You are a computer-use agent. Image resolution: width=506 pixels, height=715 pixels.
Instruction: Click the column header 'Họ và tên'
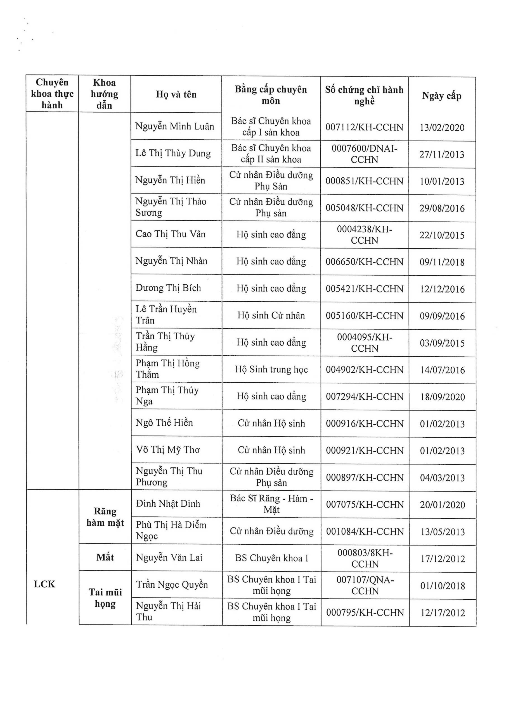[176, 94]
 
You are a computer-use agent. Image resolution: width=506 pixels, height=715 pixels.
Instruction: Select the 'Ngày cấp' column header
[441, 96]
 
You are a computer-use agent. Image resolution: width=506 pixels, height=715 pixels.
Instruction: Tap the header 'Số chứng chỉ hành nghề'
[364, 95]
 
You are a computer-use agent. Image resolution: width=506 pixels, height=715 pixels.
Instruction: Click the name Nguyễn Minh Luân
[175, 127]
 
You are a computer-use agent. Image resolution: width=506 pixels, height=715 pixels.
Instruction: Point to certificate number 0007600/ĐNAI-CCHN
[364, 154]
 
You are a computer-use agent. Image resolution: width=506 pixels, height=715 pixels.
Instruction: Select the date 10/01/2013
[442, 182]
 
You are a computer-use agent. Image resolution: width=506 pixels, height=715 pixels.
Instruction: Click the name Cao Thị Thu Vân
[171, 234]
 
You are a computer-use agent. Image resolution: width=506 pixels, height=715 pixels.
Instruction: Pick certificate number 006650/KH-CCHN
[365, 262]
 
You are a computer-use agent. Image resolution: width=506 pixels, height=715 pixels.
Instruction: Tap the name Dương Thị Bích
[168, 288]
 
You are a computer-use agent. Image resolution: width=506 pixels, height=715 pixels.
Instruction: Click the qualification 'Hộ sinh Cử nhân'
[271, 315]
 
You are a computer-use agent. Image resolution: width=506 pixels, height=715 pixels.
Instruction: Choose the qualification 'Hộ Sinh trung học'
[271, 370]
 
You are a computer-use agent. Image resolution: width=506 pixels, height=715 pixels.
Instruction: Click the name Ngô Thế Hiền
[164, 423]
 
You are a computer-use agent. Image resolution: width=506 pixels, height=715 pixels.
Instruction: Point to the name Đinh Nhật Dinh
[168, 504]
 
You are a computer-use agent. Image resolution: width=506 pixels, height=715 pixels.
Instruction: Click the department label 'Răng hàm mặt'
[105, 517]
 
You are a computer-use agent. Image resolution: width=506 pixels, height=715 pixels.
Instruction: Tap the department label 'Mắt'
[105, 557]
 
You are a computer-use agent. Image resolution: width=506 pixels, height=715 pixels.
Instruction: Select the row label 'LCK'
[44, 584]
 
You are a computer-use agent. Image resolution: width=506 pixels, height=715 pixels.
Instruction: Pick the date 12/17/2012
[442, 613]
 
